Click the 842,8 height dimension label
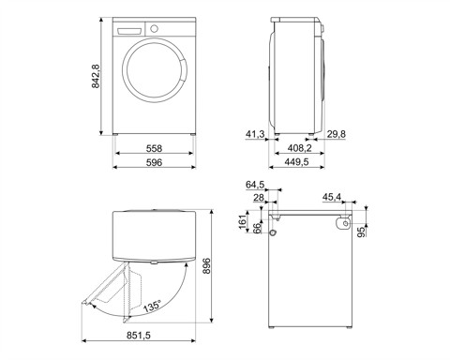pos(94,77)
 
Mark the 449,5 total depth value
pos(298,162)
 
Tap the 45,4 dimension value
pos(331,197)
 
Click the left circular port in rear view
pos(274,230)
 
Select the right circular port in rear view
pos(344,225)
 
